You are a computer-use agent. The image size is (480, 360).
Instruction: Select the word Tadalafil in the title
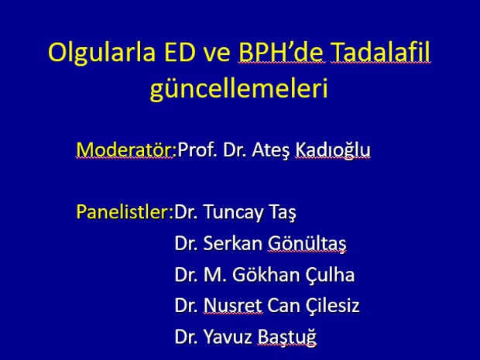click(x=381, y=51)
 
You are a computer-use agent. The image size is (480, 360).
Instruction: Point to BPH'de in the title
click(x=282, y=51)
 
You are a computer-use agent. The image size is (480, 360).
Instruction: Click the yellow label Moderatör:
click(x=126, y=149)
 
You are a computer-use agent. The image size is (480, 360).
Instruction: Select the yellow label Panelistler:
click(x=125, y=211)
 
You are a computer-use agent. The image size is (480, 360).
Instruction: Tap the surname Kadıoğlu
click(x=333, y=150)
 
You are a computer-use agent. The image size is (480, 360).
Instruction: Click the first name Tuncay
click(x=233, y=213)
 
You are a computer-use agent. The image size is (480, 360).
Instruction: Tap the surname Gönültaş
click(x=307, y=244)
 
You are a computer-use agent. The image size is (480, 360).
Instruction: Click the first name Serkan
click(x=233, y=244)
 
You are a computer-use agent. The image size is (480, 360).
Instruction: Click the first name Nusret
click(x=233, y=306)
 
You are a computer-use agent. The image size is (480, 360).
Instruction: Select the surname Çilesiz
click(x=332, y=306)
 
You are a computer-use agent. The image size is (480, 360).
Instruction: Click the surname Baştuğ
click(x=286, y=337)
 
